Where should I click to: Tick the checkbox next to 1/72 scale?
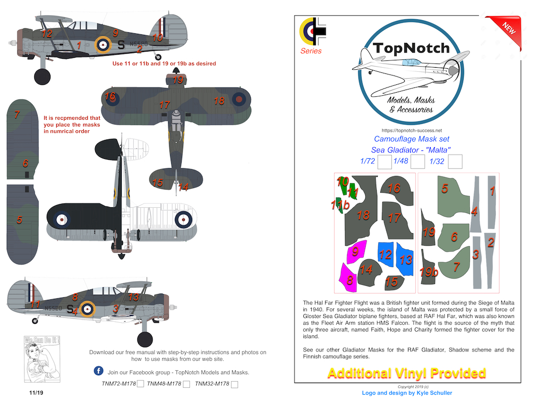(x=384, y=162)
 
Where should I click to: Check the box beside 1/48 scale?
(x=417, y=162)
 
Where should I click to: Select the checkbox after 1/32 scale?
(x=455, y=162)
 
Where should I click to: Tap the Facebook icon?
(x=98, y=371)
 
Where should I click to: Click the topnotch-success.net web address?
(x=412, y=130)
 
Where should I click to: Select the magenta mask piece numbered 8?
(x=347, y=277)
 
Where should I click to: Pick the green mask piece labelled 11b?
(x=340, y=205)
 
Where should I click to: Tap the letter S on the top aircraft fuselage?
(x=121, y=45)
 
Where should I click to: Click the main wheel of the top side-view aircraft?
(x=42, y=77)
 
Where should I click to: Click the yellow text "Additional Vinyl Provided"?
(x=407, y=373)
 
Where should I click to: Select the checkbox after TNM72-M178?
(x=140, y=384)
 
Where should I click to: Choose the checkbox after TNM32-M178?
(x=234, y=384)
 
